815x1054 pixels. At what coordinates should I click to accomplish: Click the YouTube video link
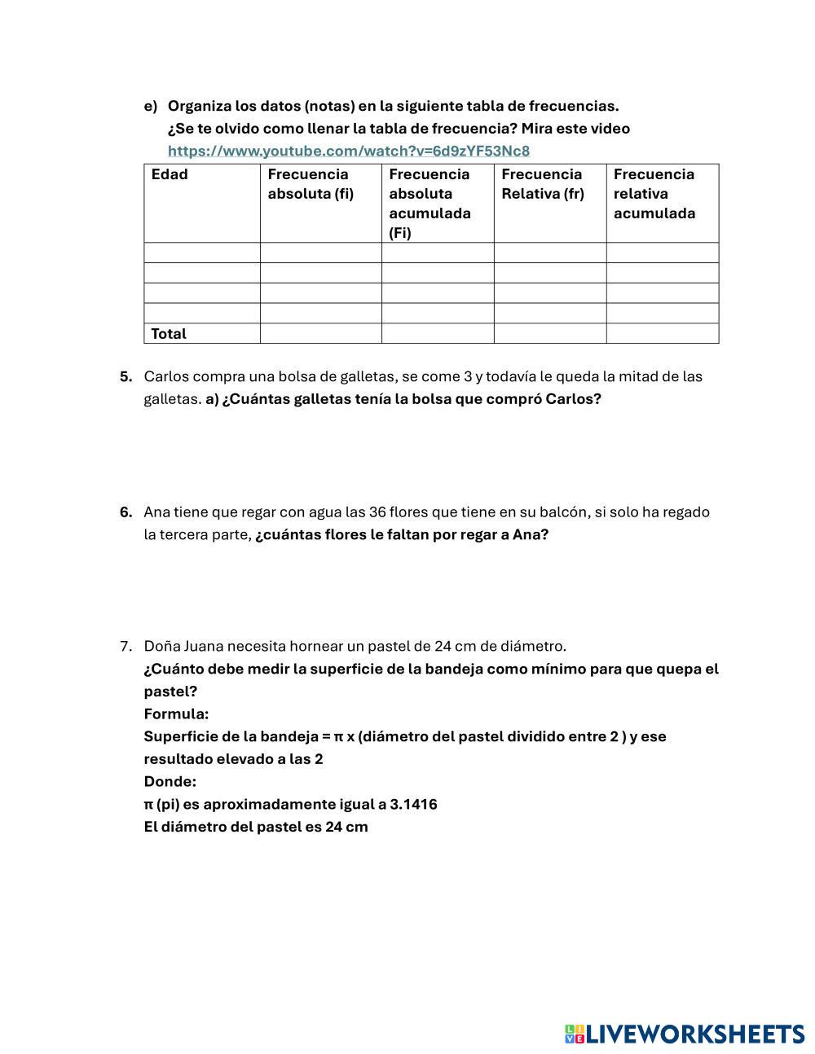pyautogui.click(x=349, y=151)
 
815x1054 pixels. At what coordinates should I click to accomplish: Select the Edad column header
pyautogui.click(x=170, y=174)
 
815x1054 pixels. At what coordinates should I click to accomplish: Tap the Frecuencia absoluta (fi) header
pyautogui.click(x=311, y=184)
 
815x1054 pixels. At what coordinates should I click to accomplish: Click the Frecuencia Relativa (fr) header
pyautogui.click(x=543, y=184)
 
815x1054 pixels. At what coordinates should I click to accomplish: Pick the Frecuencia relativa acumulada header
pyautogui.click(x=654, y=194)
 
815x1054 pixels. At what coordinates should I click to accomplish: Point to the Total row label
pyautogui.click(x=169, y=334)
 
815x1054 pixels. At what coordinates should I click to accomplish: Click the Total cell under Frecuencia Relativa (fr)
pyautogui.click(x=549, y=334)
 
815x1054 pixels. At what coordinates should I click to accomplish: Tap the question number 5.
pyautogui.click(x=126, y=376)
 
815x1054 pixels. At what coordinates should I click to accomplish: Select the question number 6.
pyautogui.click(x=126, y=512)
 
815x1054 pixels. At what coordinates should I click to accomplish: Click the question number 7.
pyautogui.click(x=126, y=646)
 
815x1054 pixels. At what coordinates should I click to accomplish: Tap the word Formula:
pyautogui.click(x=176, y=714)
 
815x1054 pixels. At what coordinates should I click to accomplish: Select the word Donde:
pyautogui.click(x=170, y=782)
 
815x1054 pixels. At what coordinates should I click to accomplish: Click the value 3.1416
pyautogui.click(x=413, y=805)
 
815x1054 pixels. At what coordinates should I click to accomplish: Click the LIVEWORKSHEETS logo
pyautogui.click(x=685, y=1034)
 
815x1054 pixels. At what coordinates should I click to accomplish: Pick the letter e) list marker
pyautogui.click(x=150, y=106)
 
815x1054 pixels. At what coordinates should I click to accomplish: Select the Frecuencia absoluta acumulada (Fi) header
pyautogui.click(x=430, y=204)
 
